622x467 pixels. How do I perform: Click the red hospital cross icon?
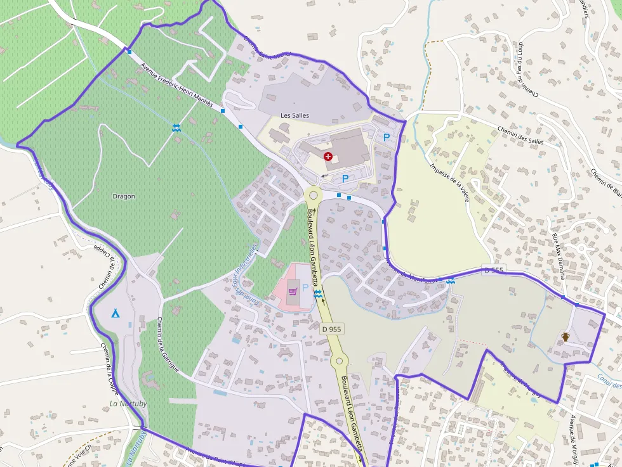328,156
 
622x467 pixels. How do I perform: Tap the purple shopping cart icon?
293,291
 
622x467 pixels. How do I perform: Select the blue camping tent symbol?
116,313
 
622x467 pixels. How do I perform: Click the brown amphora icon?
565,337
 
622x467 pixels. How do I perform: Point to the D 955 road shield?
331,329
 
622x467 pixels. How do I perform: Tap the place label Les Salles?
294,115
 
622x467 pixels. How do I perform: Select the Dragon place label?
124,196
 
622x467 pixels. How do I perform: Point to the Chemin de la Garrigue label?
168,345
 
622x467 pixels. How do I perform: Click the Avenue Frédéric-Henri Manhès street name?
176,85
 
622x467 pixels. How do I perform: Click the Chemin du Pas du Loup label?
528,70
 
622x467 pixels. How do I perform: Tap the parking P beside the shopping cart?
305,288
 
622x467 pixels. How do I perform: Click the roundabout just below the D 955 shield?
339,361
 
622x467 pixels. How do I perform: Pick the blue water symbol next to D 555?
450,281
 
